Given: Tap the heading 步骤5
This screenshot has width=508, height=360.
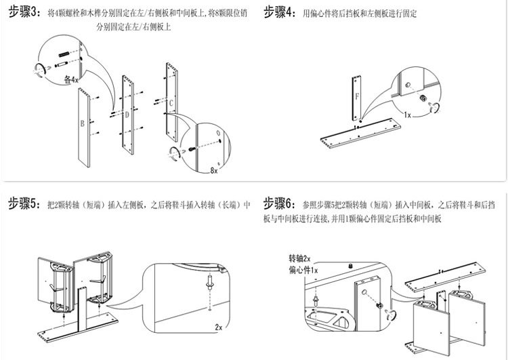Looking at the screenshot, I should (24, 204).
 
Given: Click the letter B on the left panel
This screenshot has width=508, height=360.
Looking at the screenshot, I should (82, 124).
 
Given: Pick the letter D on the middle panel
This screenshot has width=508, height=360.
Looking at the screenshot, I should (127, 115).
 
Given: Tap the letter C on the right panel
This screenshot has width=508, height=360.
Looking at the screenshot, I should (171, 103).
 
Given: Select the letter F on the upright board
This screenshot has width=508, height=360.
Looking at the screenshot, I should (356, 96).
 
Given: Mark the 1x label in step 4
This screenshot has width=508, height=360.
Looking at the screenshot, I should (406, 115).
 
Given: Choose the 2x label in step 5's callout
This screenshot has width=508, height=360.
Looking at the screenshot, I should (218, 327).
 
